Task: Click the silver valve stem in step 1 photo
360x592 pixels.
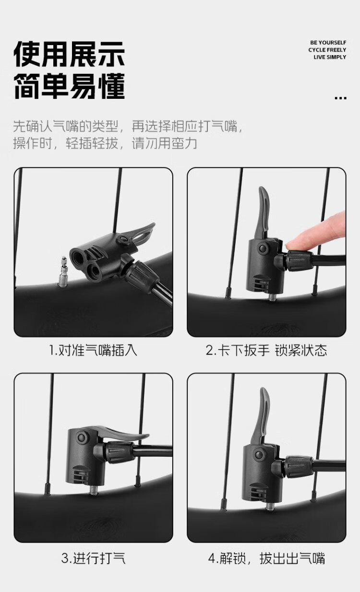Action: point(63,272)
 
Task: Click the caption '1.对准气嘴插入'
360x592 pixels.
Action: point(94,350)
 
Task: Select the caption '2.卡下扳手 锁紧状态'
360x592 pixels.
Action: point(266,350)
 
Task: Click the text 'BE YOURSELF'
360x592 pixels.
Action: point(328,43)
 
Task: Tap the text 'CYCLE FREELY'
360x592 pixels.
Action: point(327,50)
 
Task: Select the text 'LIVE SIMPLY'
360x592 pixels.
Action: point(330,57)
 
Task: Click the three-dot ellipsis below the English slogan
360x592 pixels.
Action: point(340,98)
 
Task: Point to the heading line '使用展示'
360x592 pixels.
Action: point(69,54)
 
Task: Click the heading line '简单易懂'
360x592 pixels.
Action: point(69,86)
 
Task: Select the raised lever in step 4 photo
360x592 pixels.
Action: point(261,415)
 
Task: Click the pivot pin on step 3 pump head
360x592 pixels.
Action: point(82,437)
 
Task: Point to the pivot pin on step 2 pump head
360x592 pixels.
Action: point(263,249)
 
